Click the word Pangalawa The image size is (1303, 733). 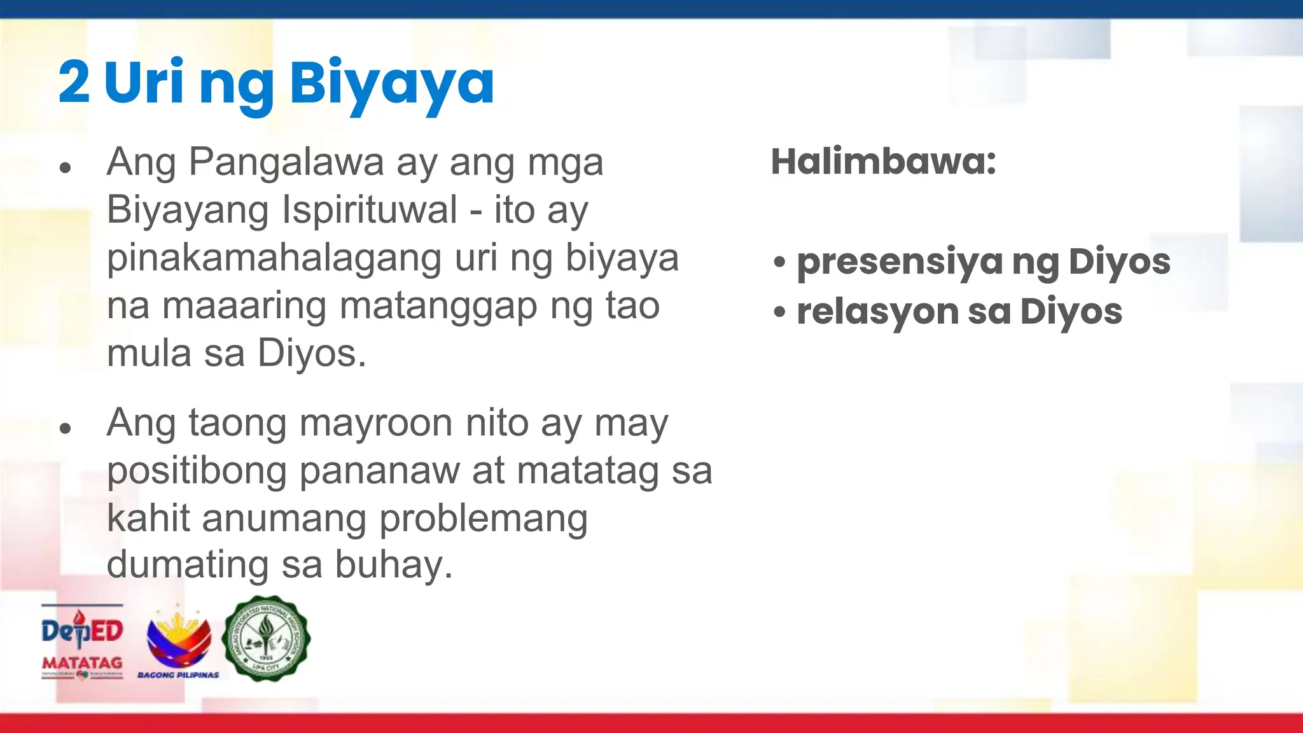coord(286,162)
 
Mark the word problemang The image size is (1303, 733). coord(484,519)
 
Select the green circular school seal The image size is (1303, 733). coord(266,638)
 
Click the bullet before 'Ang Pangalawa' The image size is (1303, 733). coord(64,169)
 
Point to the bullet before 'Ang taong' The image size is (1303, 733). coord(64,429)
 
